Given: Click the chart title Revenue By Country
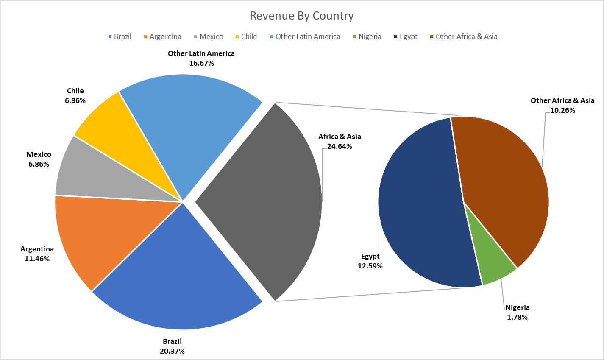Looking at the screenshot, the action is (x=302, y=16).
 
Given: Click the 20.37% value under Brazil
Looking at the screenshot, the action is (x=172, y=351).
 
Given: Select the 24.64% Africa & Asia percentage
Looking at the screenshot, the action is (x=340, y=146).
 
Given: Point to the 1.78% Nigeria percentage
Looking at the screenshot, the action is (x=517, y=317).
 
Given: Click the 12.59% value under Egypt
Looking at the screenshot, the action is (x=370, y=266).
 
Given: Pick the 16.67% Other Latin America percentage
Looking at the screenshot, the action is (x=201, y=63).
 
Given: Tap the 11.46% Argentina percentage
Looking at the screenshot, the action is (x=37, y=259).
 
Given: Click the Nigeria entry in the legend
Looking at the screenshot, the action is (x=367, y=36).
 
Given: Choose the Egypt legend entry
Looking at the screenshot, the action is (x=406, y=36).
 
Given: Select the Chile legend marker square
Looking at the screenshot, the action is (x=237, y=36).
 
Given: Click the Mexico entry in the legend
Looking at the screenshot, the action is (x=209, y=36).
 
